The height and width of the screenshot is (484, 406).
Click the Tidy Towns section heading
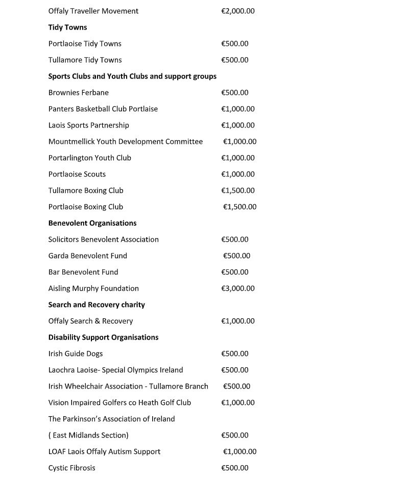[x=67, y=28]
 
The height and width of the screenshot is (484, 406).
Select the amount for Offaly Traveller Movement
[x=237, y=11]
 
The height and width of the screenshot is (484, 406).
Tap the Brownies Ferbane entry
[x=78, y=93]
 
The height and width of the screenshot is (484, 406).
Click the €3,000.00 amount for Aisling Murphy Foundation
[x=237, y=289]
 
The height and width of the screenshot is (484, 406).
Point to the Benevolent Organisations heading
[x=92, y=223]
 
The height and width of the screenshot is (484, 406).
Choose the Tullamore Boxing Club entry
[x=86, y=191]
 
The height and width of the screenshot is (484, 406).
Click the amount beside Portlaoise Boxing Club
[x=240, y=207]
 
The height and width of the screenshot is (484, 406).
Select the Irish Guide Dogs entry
[x=76, y=354]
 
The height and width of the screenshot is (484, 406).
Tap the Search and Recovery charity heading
[x=97, y=305]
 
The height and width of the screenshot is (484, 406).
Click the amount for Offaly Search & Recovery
[x=237, y=321]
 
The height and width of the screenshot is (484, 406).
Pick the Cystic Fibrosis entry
[x=71, y=468]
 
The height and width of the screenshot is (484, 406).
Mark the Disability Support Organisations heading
[x=103, y=338]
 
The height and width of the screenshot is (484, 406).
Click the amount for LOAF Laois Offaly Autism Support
[x=240, y=452]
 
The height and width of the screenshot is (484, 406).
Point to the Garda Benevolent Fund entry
[x=87, y=256]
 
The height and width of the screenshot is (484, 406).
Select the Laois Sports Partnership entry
[x=88, y=125]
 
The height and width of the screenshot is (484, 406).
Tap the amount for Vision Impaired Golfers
[x=237, y=403]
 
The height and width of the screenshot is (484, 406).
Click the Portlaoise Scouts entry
[x=77, y=174]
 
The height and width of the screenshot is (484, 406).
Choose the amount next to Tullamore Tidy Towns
[x=234, y=60]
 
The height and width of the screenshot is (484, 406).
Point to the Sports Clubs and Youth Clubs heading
[x=132, y=77]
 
